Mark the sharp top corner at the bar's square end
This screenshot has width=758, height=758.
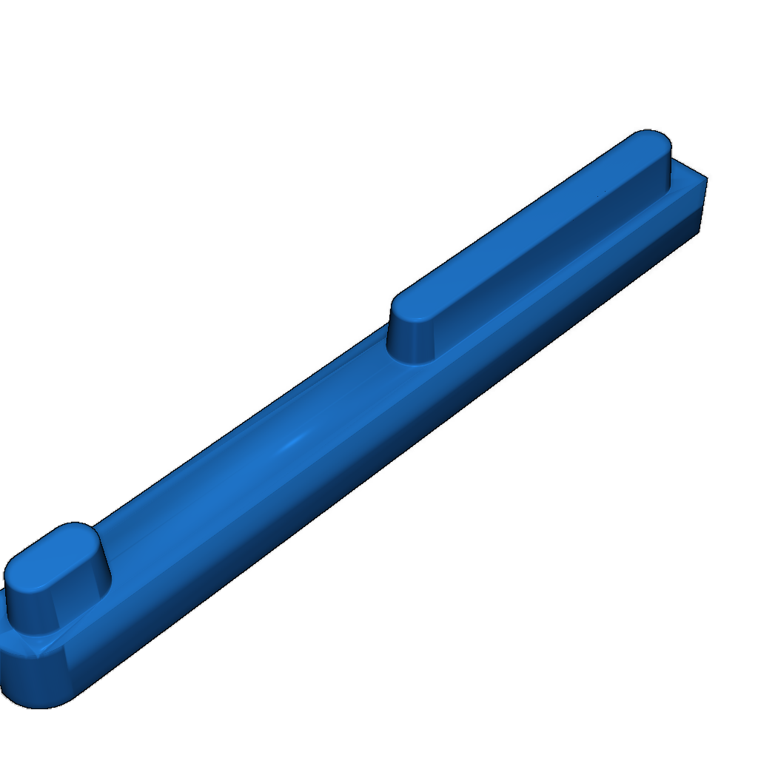[x=707, y=178]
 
